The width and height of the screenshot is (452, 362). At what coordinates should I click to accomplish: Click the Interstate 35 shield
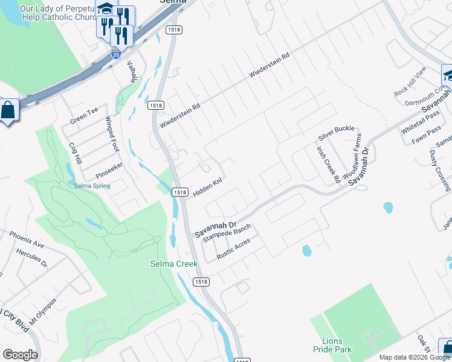115,54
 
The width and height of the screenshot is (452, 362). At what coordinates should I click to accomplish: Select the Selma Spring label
92,186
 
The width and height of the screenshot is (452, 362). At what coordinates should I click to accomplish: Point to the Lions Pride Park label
332,345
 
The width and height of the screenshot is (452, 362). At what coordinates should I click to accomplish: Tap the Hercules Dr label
32,258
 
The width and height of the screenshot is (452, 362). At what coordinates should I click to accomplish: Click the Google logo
21,354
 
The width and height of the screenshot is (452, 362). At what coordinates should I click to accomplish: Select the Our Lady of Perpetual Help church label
58,13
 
